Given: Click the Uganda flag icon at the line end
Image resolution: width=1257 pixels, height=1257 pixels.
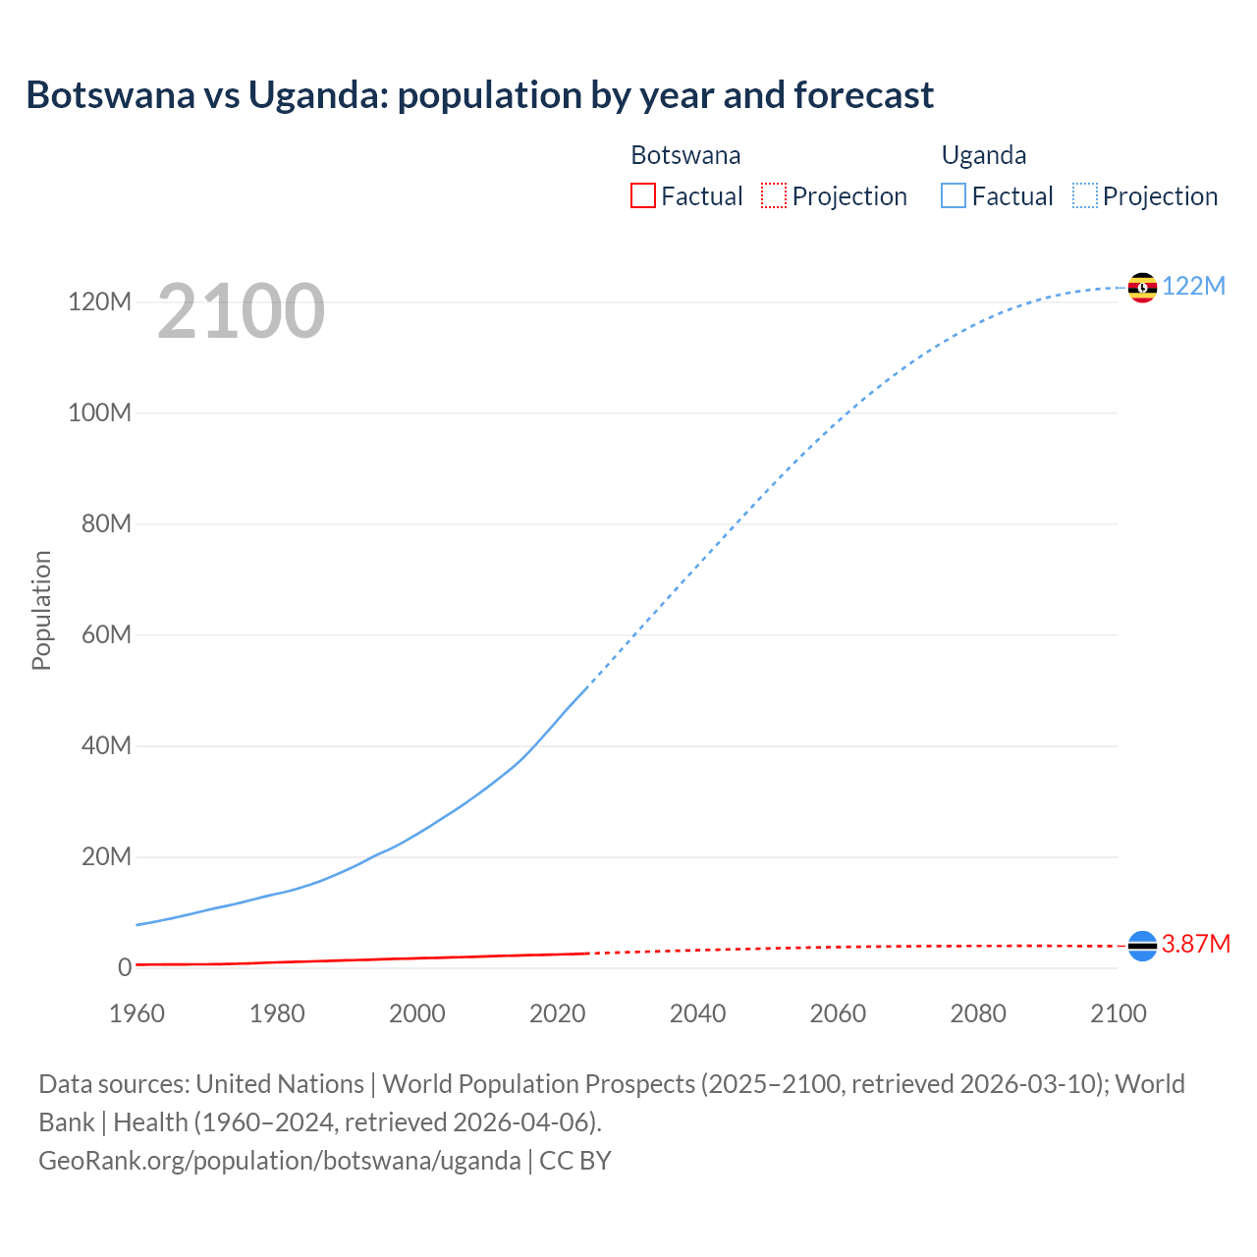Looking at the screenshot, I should click(1142, 287).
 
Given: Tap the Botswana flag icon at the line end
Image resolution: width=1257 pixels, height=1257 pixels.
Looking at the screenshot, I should click(1142, 946).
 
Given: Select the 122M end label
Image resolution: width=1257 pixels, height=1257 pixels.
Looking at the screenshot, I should click(1194, 286).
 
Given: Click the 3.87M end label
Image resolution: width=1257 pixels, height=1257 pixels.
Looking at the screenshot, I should click(1196, 944).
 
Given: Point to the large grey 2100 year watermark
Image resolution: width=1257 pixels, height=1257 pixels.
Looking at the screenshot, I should click(241, 311).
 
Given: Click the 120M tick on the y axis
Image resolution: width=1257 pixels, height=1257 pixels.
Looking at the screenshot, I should click(99, 301).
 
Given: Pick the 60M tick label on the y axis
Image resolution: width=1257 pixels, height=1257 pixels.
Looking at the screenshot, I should click(105, 634).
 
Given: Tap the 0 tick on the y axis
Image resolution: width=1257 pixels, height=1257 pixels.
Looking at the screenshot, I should click(124, 967).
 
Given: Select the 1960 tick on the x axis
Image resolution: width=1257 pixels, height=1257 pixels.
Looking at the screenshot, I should click(137, 1013).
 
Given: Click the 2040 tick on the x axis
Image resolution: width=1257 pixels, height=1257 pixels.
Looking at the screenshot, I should click(697, 1013).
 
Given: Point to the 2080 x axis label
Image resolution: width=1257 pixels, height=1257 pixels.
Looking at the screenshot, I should click(978, 1013).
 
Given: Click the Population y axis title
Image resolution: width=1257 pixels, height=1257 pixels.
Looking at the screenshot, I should click(41, 610).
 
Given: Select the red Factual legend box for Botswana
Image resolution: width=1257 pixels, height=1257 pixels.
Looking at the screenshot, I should click(642, 195).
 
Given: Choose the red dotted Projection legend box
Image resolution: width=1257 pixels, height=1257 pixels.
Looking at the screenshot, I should click(774, 195).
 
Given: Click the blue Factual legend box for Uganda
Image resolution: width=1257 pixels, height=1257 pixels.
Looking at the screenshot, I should click(954, 195).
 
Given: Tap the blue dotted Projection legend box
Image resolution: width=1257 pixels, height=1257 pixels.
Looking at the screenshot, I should click(1085, 195).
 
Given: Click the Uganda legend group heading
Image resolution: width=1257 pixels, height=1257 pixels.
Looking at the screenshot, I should click(984, 155).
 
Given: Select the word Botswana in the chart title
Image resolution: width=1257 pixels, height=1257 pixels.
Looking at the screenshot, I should click(111, 95).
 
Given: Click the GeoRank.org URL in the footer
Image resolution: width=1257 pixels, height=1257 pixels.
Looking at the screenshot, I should click(280, 1160).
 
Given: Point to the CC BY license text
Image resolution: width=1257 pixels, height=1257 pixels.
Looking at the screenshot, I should click(575, 1160).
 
